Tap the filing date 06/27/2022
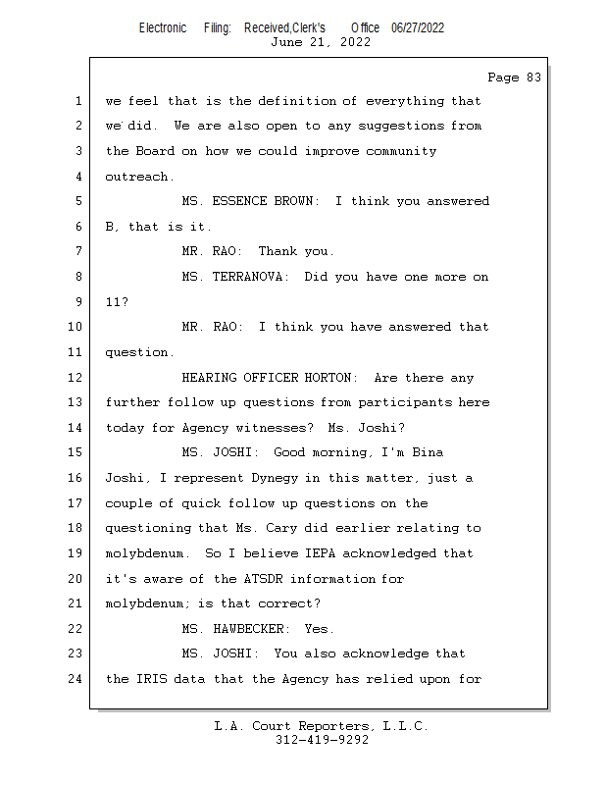(x=418, y=27)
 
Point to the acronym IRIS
(x=147, y=678)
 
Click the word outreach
(x=139, y=177)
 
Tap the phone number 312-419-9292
(x=322, y=740)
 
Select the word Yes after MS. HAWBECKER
(x=320, y=629)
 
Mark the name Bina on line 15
(x=428, y=452)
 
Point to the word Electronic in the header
(x=163, y=27)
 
